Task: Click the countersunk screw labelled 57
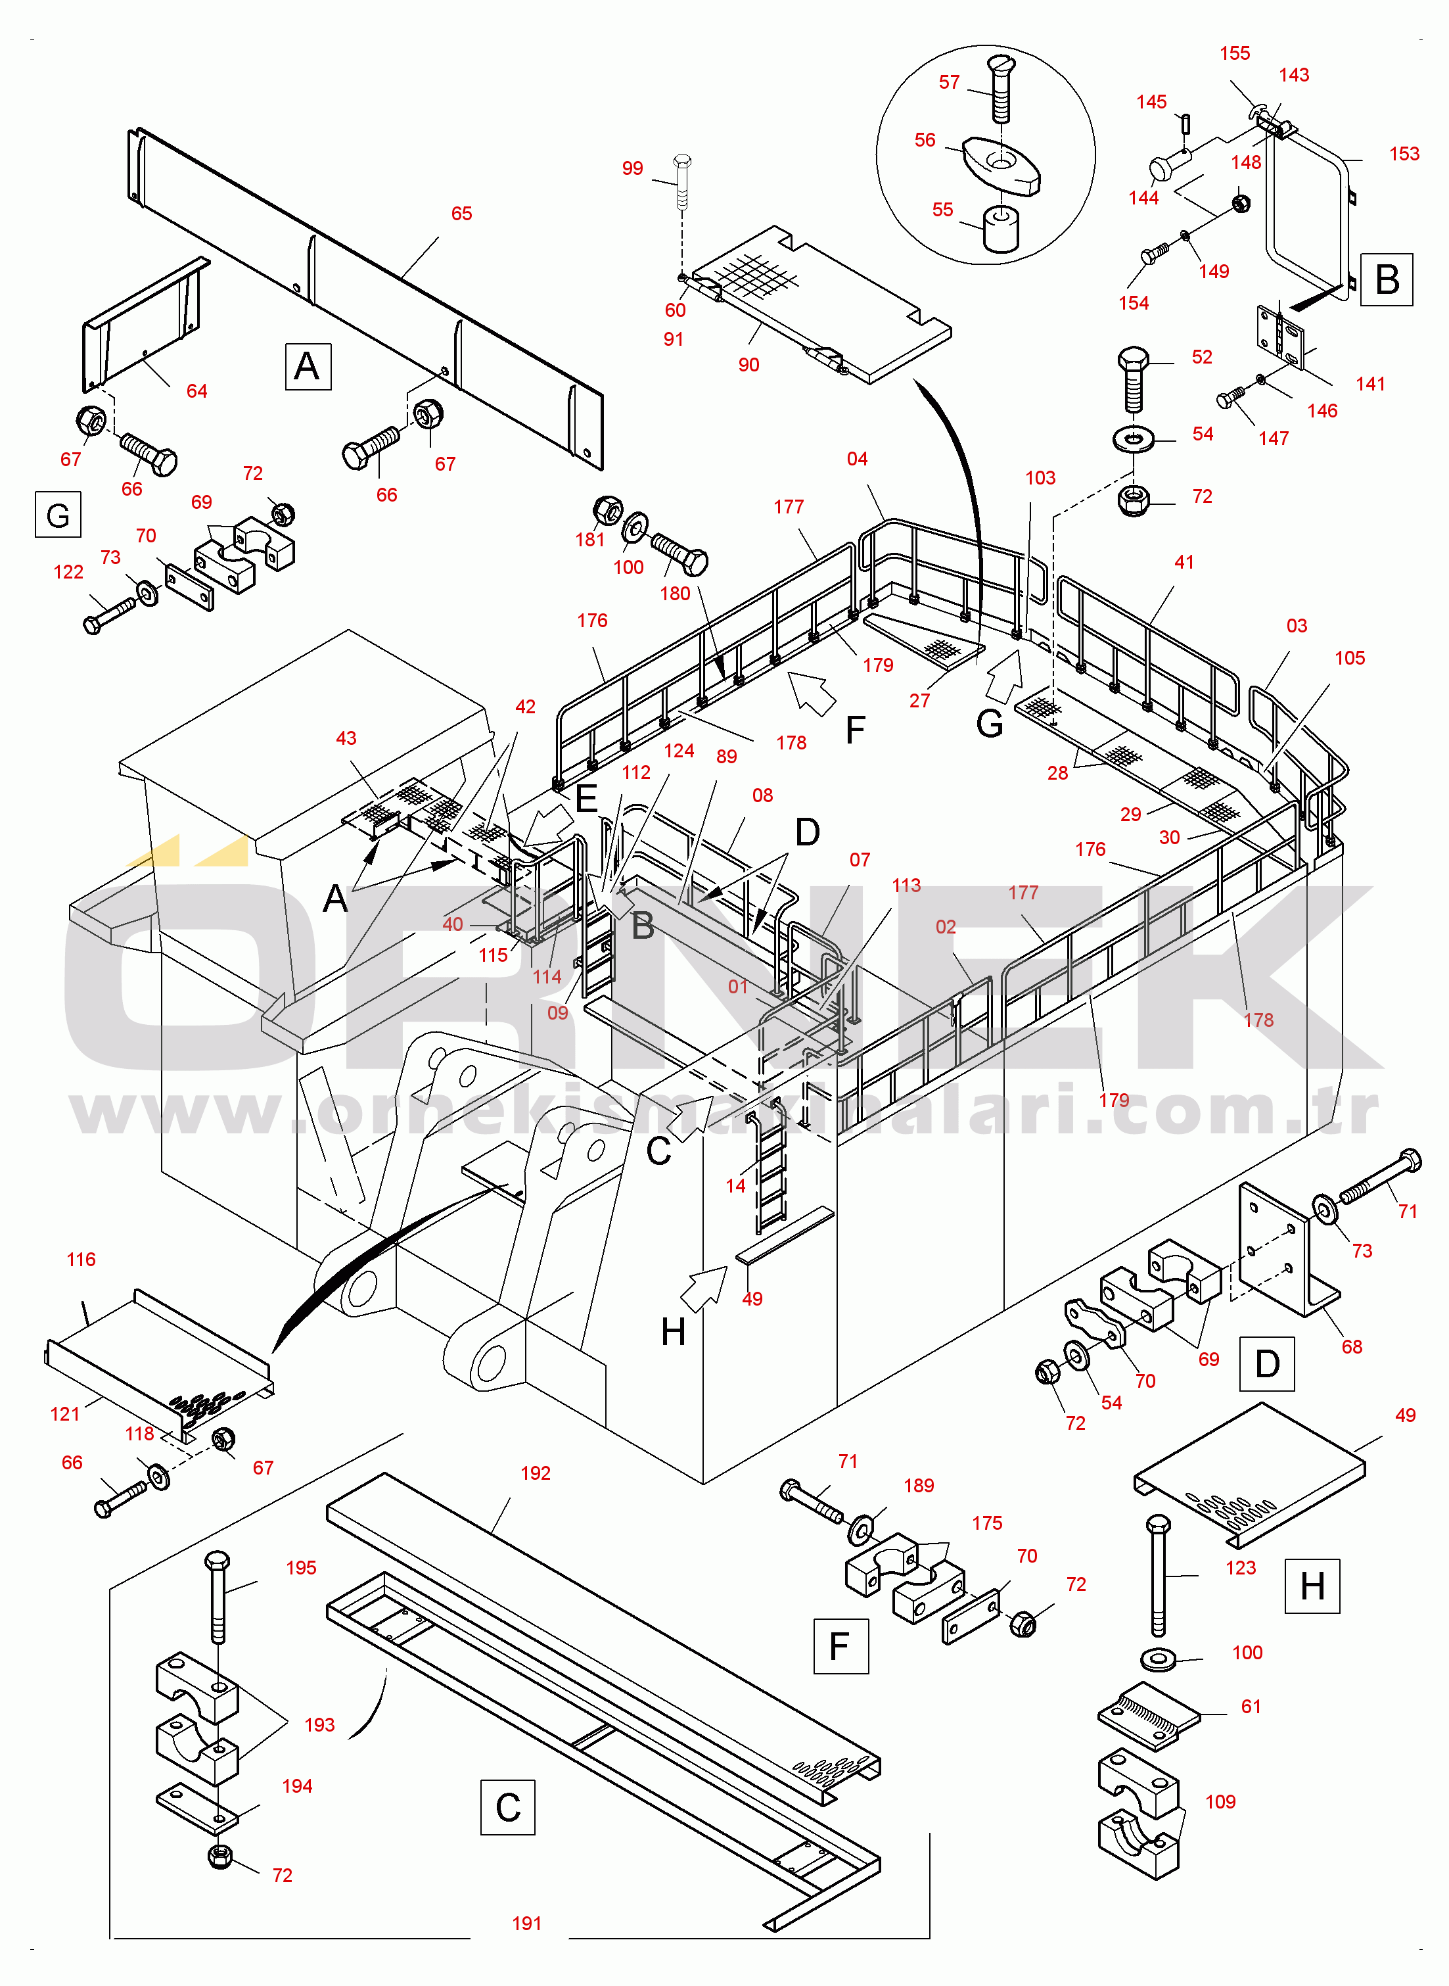[1001, 89]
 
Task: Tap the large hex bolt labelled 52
[1133, 378]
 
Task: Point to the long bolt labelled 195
[218, 1597]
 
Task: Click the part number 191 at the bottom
[526, 1924]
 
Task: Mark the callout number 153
[1404, 154]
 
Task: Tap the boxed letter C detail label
[508, 1808]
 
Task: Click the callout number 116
[81, 1260]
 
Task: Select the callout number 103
[1040, 478]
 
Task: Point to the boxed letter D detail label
[1266, 1364]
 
